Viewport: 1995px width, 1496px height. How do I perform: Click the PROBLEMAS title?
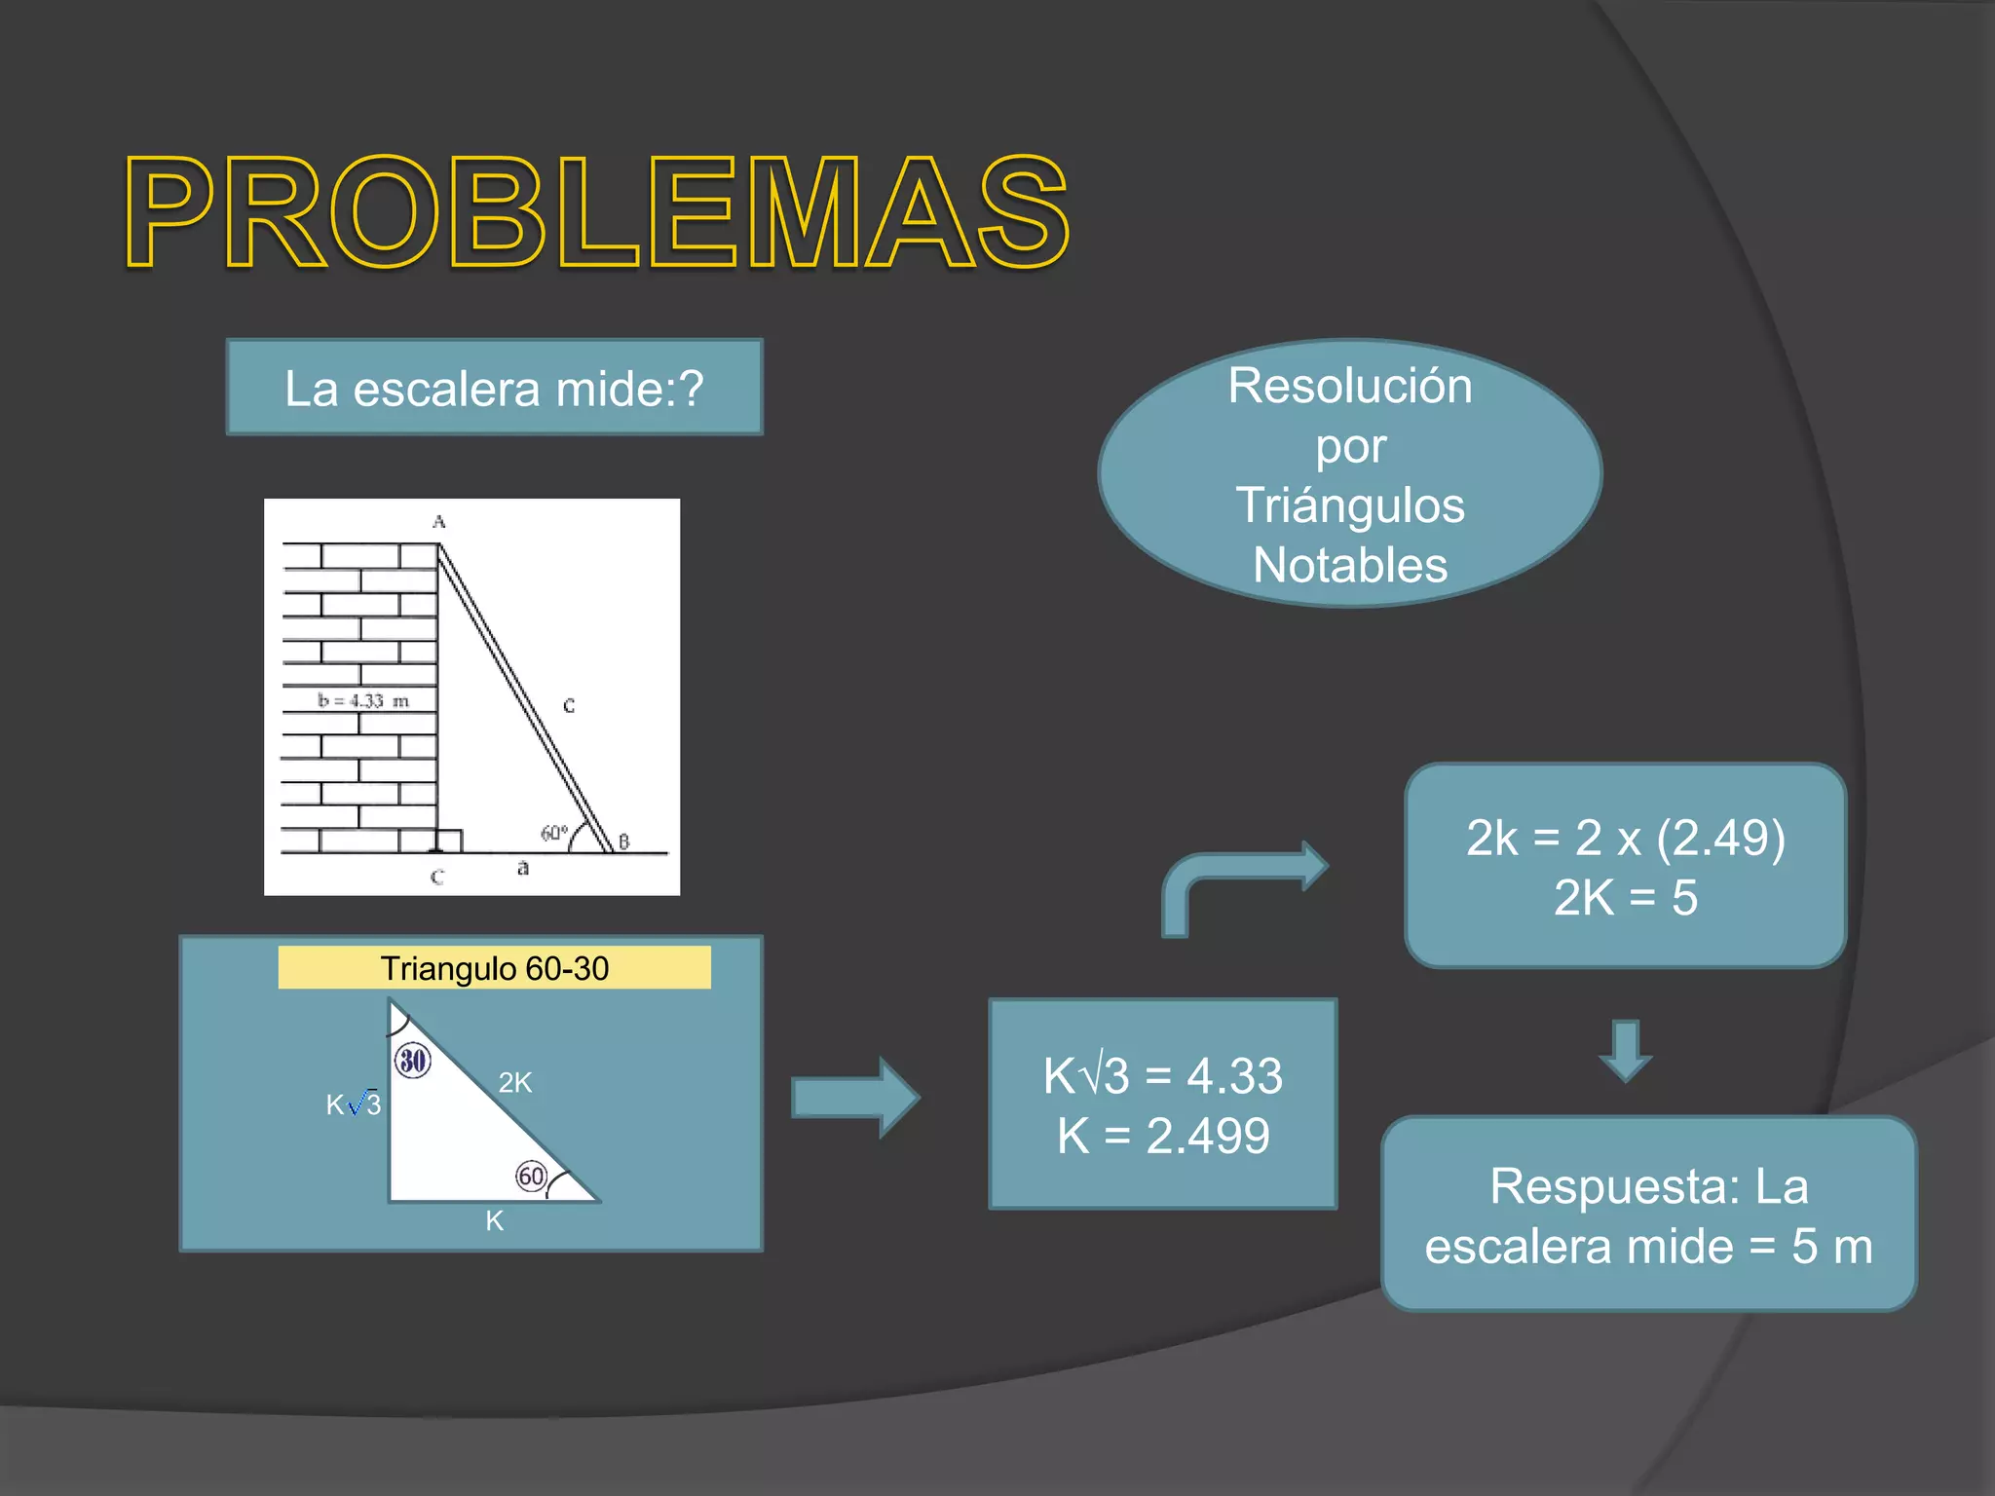click(596, 211)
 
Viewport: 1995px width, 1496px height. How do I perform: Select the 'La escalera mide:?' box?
click(494, 388)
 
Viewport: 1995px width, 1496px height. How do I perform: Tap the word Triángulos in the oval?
click(1350, 505)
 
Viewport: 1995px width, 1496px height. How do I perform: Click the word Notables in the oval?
click(1350, 565)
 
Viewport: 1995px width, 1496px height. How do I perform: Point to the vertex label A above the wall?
click(438, 522)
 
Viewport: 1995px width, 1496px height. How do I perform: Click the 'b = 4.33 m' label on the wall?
click(362, 700)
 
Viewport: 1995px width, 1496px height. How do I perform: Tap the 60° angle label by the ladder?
click(553, 834)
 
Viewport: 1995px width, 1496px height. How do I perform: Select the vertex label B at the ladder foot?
click(623, 841)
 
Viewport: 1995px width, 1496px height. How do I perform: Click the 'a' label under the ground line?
click(523, 867)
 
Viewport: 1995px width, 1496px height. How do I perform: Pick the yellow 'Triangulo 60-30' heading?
click(494, 968)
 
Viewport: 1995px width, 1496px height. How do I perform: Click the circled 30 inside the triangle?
click(413, 1060)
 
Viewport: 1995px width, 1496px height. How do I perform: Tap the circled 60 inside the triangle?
click(531, 1177)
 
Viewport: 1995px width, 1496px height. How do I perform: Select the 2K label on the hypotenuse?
click(514, 1082)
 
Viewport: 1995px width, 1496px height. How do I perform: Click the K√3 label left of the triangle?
click(354, 1104)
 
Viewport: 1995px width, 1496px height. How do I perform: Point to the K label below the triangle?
click(494, 1220)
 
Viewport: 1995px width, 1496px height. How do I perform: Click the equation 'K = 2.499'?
click(1163, 1136)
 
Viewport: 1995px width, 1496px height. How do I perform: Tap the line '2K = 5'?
click(1625, 897)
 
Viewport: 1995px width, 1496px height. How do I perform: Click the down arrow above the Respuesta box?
click(1625, 1050)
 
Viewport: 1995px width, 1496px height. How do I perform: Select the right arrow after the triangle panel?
click(854, 1098)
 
